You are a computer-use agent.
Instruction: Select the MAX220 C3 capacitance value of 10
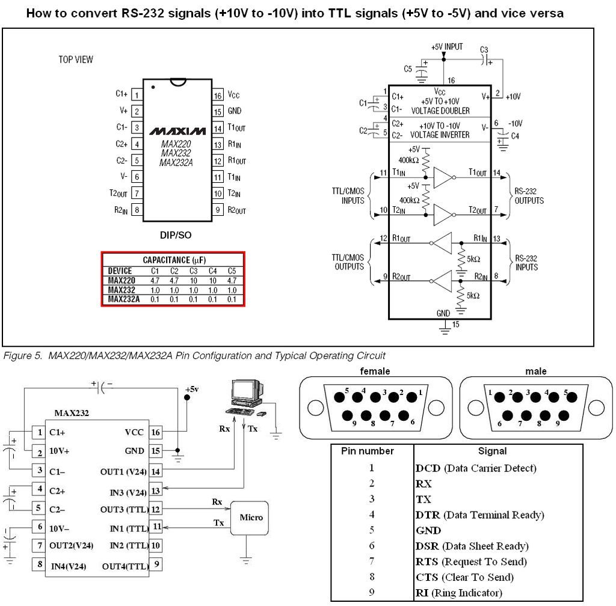[194, 280]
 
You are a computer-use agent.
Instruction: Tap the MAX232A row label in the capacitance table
[124, 299]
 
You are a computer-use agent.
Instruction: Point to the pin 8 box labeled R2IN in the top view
[137, 210]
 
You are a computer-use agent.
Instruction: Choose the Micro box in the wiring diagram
[251, 517]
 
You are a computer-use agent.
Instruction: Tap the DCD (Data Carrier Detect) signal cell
[476, 468]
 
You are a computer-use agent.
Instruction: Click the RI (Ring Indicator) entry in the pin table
[458, 593]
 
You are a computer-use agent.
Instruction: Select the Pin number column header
[368, 451]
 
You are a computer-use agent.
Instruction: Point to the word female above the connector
[375, 372]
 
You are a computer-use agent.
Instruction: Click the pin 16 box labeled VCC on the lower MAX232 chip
[156, 432]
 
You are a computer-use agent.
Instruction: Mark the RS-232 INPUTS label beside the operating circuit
[526, 263]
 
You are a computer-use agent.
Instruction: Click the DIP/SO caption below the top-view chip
[176, 235]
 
